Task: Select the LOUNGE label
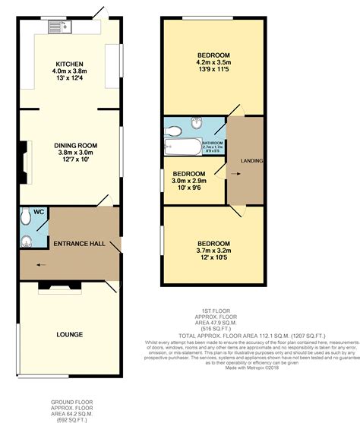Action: tap(70, 333)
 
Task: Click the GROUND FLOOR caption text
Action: tap(71, 402)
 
